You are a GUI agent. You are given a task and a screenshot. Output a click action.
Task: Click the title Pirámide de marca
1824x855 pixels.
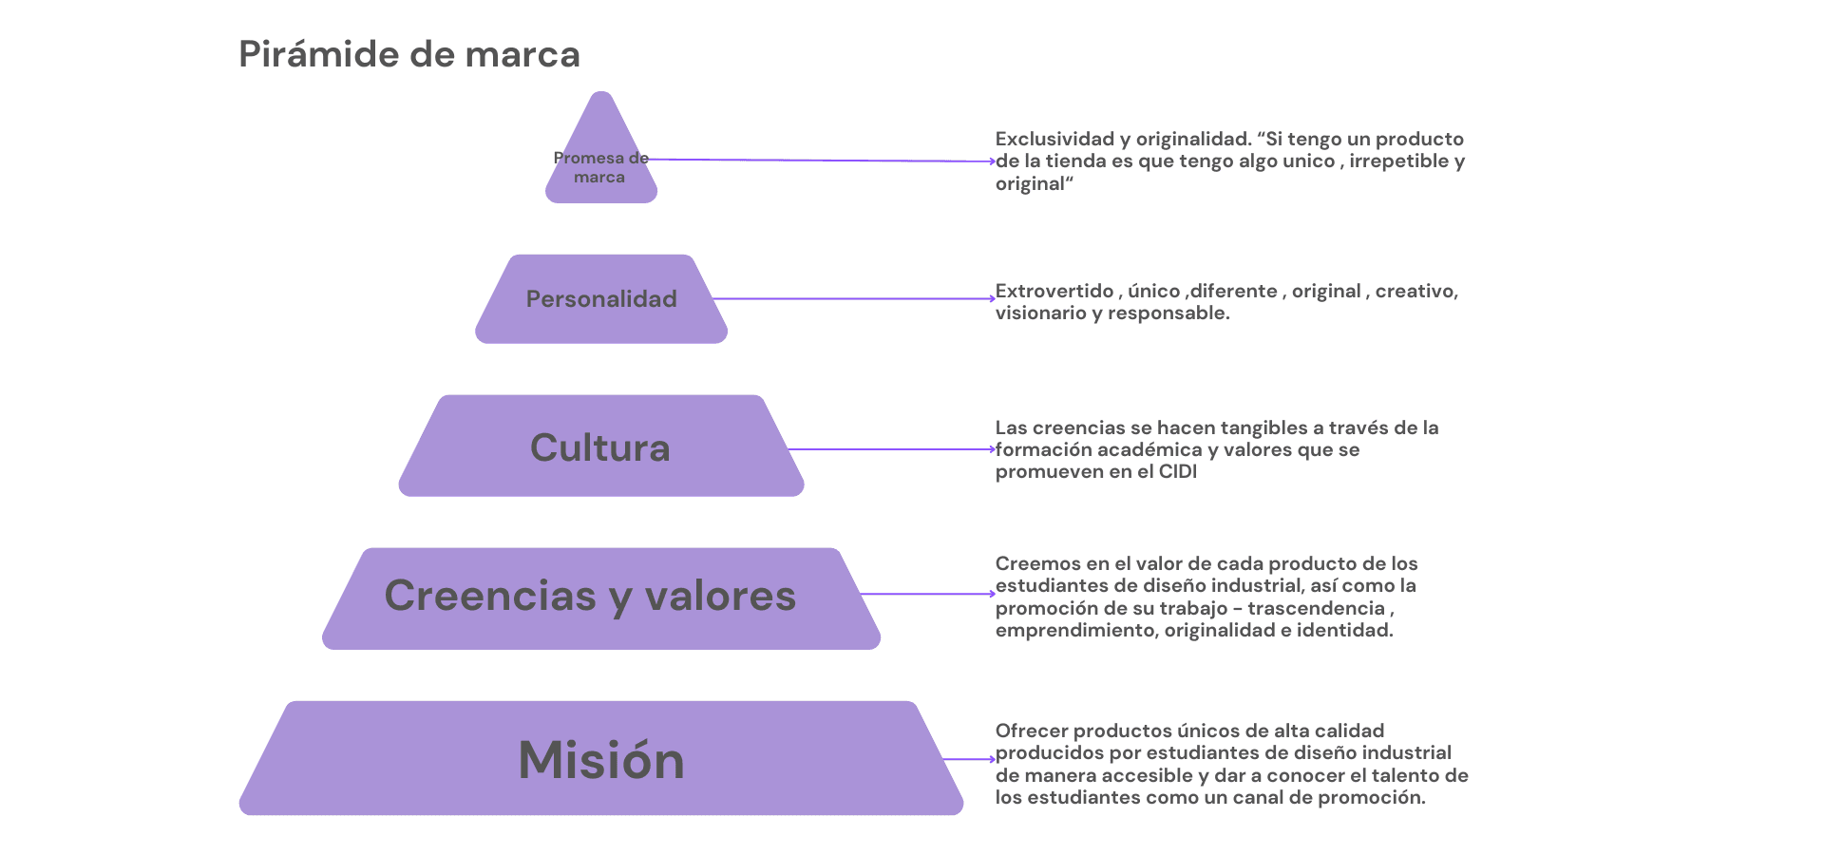coord(408,54)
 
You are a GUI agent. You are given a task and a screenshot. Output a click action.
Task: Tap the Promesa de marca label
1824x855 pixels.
coord(600,167)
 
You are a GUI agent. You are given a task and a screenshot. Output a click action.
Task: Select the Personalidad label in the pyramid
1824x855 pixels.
coord(601,299)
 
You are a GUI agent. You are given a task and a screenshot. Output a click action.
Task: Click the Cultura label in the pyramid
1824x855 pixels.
coord(600,447)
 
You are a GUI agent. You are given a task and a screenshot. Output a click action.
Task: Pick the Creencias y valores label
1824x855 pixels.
coord(590,596)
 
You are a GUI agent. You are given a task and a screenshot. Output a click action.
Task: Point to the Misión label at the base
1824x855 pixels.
coord(601,760)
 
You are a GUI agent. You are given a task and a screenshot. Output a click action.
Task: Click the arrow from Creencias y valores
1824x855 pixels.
coord(927,594)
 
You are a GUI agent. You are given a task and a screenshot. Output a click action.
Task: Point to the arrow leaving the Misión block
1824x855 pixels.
coord(969,759)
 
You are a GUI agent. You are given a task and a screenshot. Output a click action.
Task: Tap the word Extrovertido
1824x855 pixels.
coord(1054,291)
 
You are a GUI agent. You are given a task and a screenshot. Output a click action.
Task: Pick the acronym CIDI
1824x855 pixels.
coord(1178,472)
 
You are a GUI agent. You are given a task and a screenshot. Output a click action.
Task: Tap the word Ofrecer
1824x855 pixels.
coord(1032,731)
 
